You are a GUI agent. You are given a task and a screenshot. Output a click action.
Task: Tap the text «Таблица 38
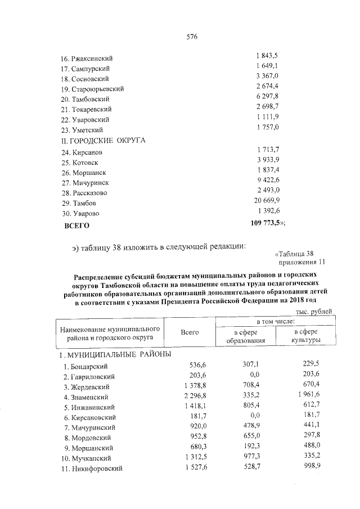pyautogui.click(x=300, y=253)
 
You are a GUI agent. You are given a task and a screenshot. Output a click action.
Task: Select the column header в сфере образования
pyautogui.click(x=246, y=336)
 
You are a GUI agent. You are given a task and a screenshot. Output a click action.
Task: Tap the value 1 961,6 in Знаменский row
pyautogui.click(x=307, y=396)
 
